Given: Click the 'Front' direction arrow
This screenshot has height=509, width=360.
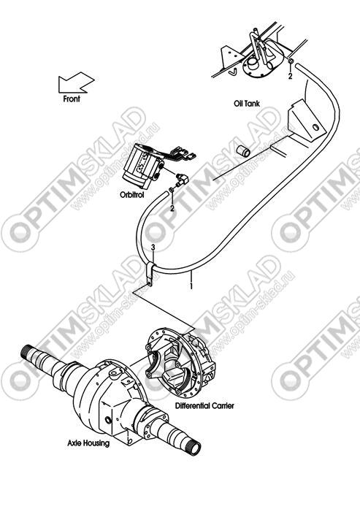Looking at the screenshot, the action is [76, 83].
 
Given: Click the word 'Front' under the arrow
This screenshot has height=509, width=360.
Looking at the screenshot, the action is [72, 99].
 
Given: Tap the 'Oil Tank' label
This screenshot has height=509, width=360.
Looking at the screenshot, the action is [247, 104].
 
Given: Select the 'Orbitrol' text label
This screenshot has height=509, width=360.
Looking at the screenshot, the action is [131, 195].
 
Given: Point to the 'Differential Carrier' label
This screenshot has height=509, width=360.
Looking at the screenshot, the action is [204, 406].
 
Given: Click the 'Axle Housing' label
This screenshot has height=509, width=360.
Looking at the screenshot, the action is [88, 443].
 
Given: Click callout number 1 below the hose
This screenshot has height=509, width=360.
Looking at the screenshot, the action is [191, 286].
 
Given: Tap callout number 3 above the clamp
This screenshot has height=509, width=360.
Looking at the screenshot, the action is [153, 248].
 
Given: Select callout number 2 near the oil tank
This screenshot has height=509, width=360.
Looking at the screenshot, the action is [291, 76].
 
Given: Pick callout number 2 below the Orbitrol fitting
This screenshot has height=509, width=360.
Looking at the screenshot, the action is [172, 208].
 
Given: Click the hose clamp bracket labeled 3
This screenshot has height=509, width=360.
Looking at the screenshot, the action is [150, 275].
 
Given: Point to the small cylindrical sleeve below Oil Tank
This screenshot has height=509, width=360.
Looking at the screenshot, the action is [243, 150].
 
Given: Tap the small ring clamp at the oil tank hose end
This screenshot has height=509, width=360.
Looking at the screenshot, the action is [291, 61].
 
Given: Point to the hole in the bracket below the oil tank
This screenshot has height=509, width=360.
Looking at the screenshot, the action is [315, 127].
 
